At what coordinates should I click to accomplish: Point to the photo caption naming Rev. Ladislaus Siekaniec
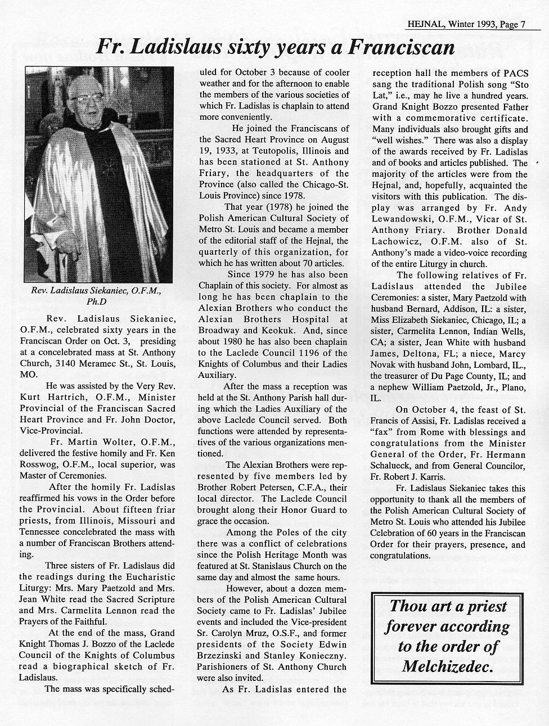[97, 296]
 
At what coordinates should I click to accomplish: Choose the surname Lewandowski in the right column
[400, 219]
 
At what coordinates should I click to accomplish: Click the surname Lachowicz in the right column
[394, 242]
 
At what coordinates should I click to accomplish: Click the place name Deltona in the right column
[418, 354]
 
